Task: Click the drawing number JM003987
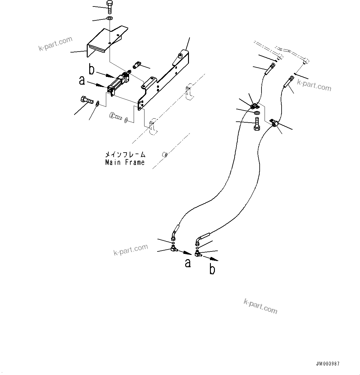point(328,364)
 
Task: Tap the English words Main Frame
point(125,162)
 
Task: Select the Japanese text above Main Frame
point(125,154)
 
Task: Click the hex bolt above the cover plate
point(110,7)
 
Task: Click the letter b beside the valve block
point(92,70)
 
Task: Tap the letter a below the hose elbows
point(187,263)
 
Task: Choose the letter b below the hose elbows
point(212,269)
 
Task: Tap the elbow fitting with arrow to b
point(198,254)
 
